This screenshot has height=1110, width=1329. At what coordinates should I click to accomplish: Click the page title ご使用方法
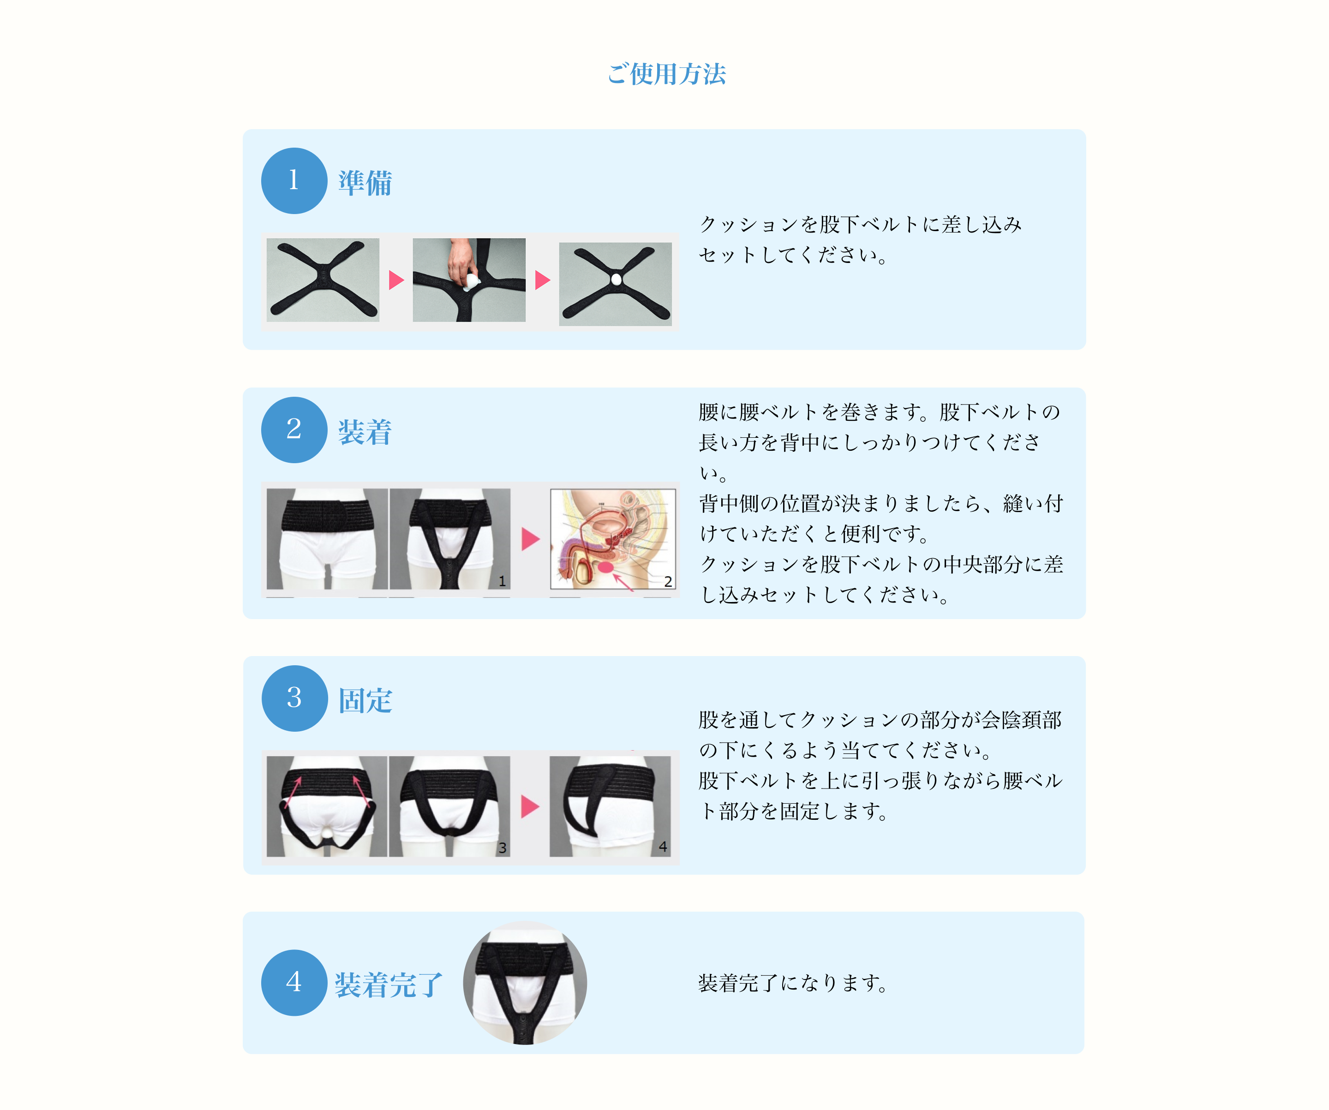[x=666, y=73]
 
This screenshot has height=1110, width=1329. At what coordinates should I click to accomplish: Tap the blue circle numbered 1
[x=294, y=181]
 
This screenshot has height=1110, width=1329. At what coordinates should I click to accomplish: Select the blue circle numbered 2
[x=294, y=430]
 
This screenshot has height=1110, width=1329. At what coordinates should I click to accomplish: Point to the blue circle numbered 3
[x=294, y=698]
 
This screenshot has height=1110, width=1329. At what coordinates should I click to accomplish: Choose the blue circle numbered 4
[x=294, y=983]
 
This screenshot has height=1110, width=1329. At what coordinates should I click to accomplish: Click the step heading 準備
[x=365, y=182]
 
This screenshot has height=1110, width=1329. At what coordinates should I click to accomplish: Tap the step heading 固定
[x=365, y=700]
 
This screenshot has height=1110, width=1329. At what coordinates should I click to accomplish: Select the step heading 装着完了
[x=389, y=985]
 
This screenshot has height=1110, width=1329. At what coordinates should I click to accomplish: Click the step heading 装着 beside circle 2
[x=365, y=432]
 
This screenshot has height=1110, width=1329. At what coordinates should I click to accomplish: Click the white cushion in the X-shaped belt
[x=616, y=279]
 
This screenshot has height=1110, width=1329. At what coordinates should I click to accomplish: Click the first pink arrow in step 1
[x=396, y=280]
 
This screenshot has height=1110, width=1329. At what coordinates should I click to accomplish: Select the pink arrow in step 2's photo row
[x=530, y=539]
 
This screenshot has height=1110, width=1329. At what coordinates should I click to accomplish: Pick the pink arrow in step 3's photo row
[x=530, y=806]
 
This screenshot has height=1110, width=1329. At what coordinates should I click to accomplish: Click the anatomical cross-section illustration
[x=613, y=539]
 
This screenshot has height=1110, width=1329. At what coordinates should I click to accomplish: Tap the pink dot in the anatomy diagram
[x=605, y=567]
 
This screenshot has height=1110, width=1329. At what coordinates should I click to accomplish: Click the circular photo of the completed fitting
[x=525, y=983]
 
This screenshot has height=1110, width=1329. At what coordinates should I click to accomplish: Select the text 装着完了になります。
[x=793, y=983]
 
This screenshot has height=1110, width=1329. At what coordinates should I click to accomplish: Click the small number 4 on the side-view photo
[x=663, y=846]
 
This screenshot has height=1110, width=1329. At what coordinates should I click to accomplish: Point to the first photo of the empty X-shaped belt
[x=323, y=280]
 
